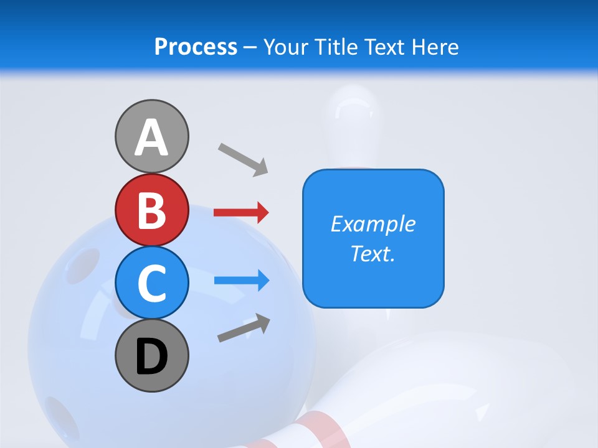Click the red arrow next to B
(241, 212)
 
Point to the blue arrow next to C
(241, 281)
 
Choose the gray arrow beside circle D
(244, 328)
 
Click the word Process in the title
(196, 47)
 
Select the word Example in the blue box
(373, 224)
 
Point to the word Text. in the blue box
(373, 253)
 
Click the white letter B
(151, 210)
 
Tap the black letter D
(151, 357)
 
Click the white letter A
(151, 138)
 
